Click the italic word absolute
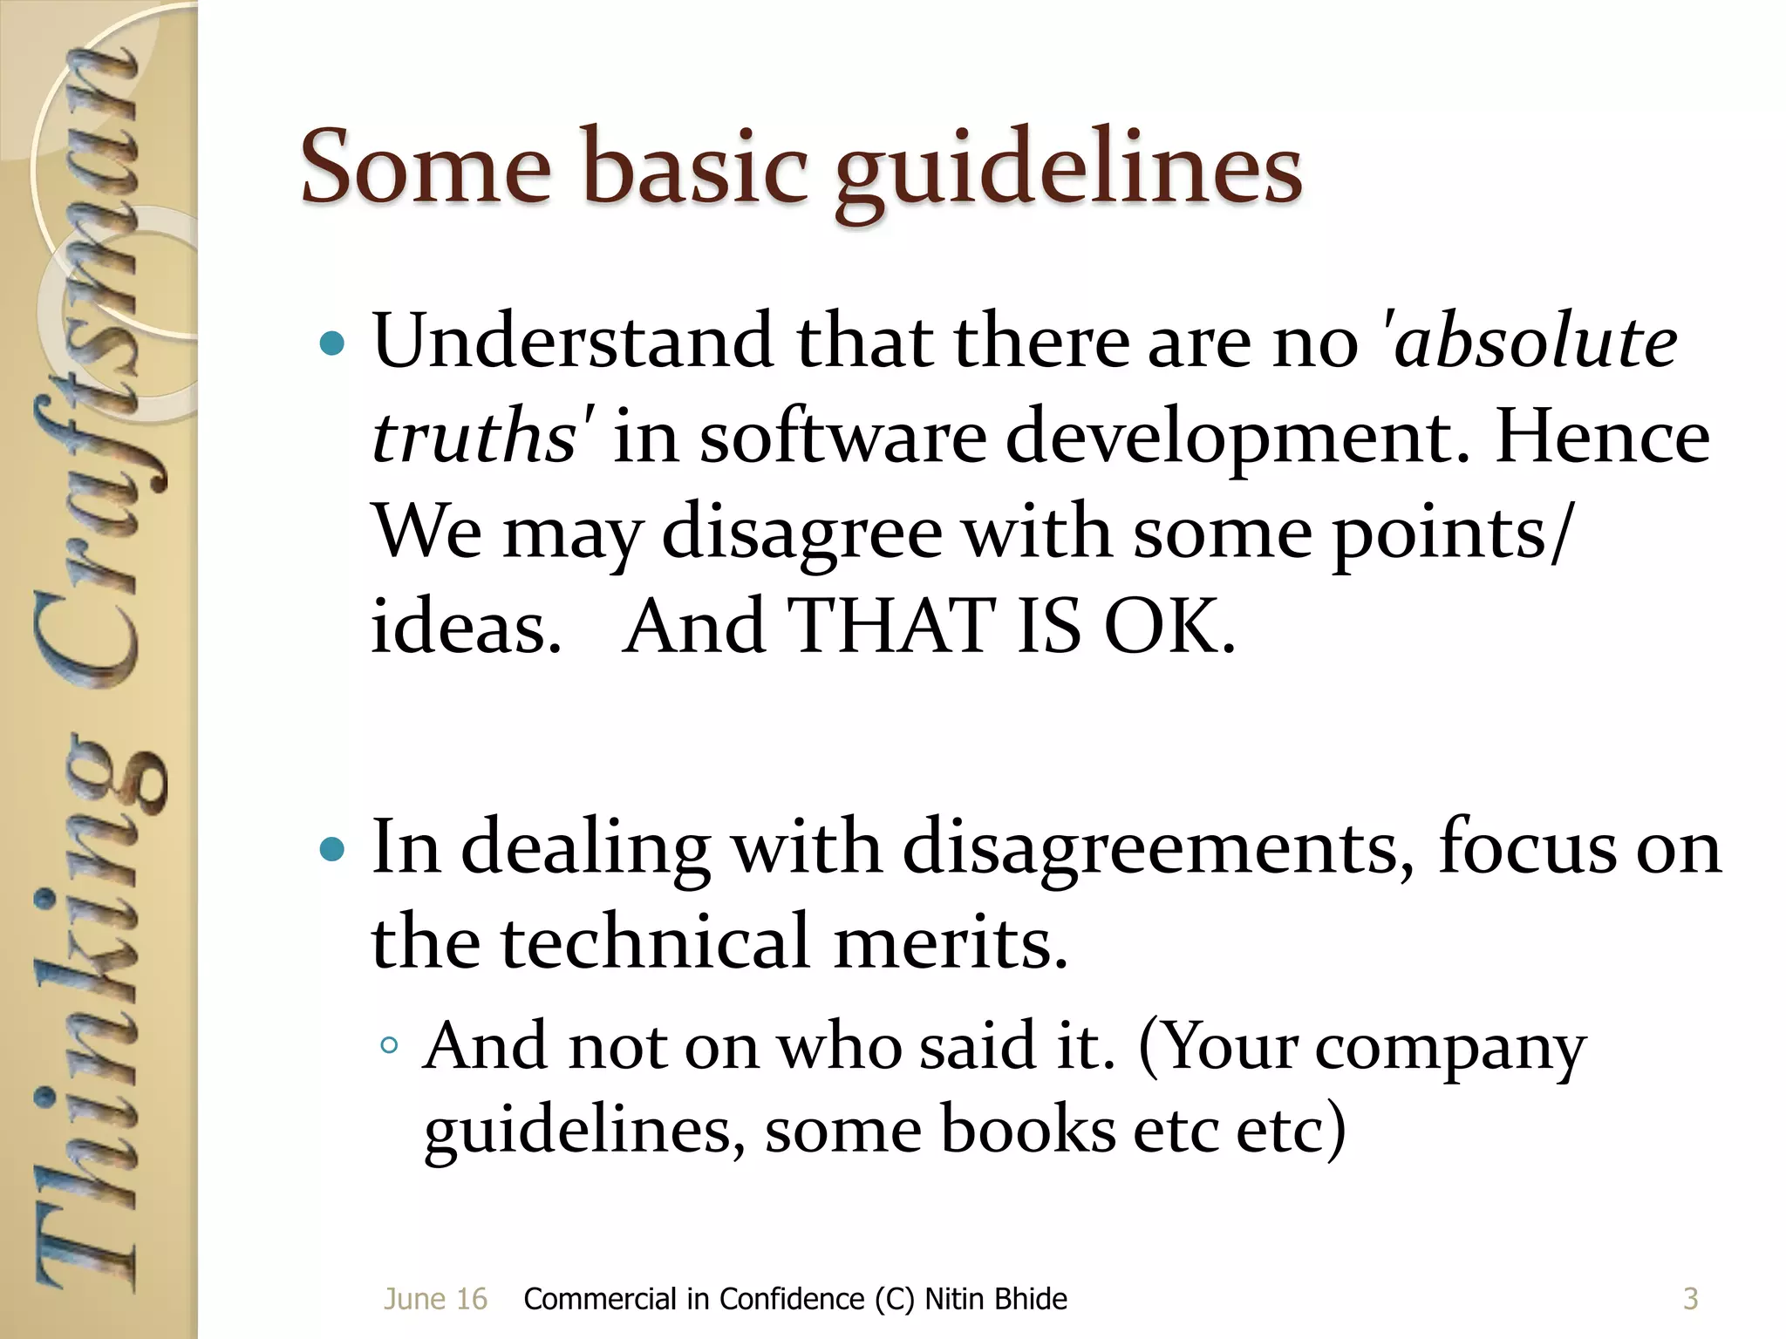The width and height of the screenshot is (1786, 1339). tap(1535, 342)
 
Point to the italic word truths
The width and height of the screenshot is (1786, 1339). tap(473, 436)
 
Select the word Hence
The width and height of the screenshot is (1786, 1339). tap(1601, 436)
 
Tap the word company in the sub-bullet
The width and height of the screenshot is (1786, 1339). tap(1450, 1048)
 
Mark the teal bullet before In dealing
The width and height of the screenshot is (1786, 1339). tap(332, 849)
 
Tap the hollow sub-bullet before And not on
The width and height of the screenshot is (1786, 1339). tap(390, 1045)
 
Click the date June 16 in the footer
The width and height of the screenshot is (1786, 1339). tap(435, 1299)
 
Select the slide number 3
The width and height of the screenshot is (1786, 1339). tap(1690, 1299)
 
